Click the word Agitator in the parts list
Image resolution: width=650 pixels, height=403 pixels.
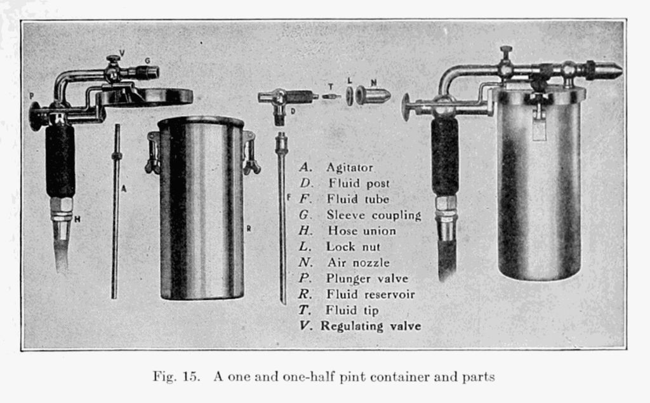point(349,168)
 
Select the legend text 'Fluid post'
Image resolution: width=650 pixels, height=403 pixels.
point(359,183)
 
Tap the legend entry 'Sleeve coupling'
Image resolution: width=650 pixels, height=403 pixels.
point(373,215)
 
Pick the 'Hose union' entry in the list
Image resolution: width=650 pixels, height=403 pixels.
point(361,231)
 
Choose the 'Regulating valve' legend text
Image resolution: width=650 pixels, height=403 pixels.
point(371,326)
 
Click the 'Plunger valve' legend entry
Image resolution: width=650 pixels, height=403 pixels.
point(367,279)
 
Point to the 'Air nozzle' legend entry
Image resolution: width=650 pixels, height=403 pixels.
point(358,263)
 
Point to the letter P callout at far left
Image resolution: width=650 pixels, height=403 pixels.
point(31,96)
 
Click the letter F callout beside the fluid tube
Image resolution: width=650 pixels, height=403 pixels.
point(288,197)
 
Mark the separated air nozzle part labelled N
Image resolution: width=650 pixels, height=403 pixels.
point(373,96)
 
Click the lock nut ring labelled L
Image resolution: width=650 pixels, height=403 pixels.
point(350,96)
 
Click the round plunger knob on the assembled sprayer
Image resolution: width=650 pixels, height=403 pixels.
point(406,107)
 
